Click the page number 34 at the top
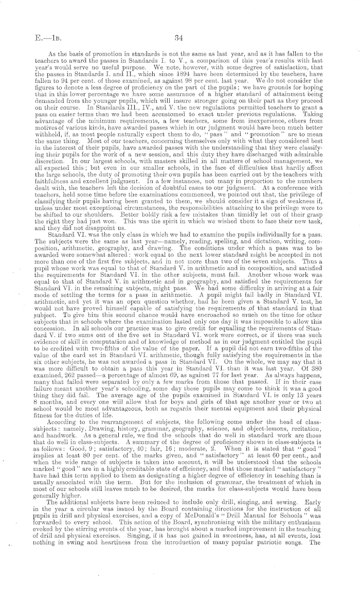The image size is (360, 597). coord(179,37)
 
